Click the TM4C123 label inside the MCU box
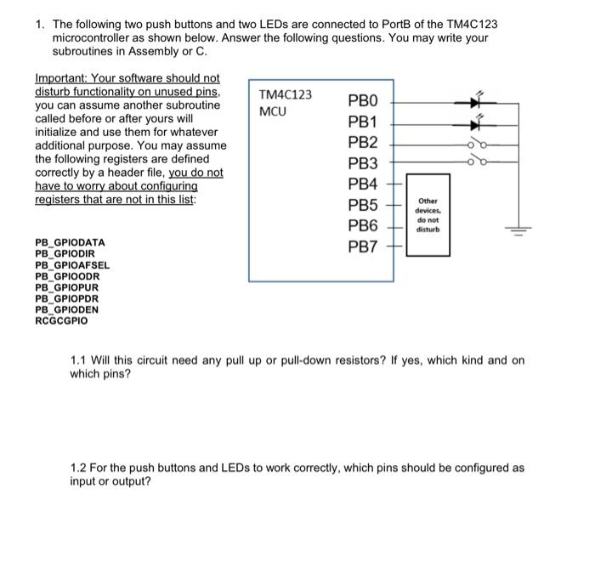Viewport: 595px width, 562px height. click(x=285, y=94)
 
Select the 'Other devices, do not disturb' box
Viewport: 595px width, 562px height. click(x=427, y=214)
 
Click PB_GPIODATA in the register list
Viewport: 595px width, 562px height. click(x=70, y=242)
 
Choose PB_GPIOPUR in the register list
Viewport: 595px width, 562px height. click(x=67, y=287)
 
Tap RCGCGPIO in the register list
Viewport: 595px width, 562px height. click(x=61, y=321)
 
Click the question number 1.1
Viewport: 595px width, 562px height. click(x=79, y=360)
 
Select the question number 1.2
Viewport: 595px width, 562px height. click(x=79, y=468)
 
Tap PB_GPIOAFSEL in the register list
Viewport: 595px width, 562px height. click(x=72, y=265)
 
